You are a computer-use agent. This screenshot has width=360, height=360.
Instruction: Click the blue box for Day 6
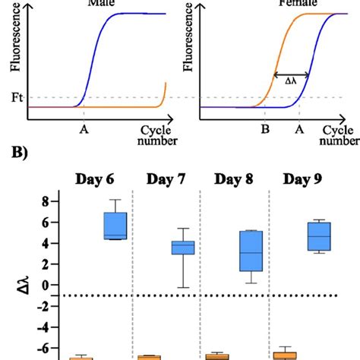click(115, 226)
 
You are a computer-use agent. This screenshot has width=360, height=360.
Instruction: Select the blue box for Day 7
click(182, 248)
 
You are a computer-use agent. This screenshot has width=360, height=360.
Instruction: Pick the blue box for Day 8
click(250, 251)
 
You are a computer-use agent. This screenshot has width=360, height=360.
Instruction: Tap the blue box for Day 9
click(318, 236)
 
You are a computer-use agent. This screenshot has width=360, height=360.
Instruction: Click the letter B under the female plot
click(264, 129)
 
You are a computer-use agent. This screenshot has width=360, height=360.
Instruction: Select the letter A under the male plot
click(82, 129)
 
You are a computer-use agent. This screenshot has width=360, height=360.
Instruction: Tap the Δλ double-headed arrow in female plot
click(291, 74)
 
